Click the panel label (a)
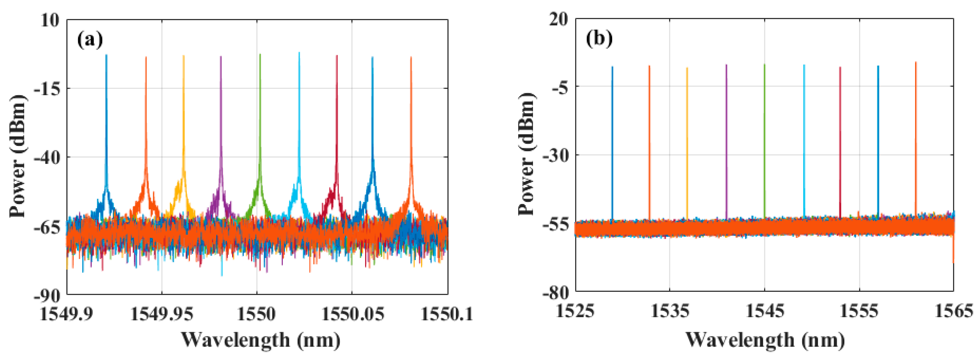tap(90, 40)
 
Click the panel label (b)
tap(599, 39)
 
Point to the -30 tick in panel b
tap(555, 155)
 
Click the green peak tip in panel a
tap(260, 55)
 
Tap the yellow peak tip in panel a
tap(183, 56)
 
